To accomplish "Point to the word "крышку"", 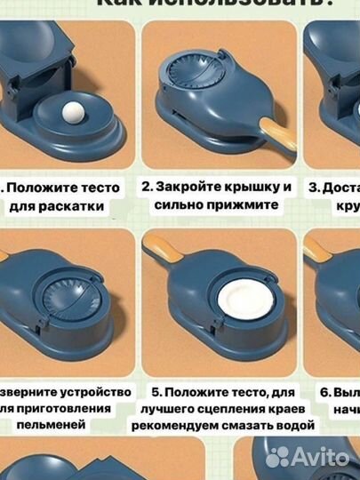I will [x=261, y=188].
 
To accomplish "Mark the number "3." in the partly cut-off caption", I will [x=314, y=188].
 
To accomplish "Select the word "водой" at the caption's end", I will [x=295, y=426].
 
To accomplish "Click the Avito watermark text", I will [x=322, y=456].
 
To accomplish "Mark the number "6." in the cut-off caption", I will [x=326, y=391].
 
